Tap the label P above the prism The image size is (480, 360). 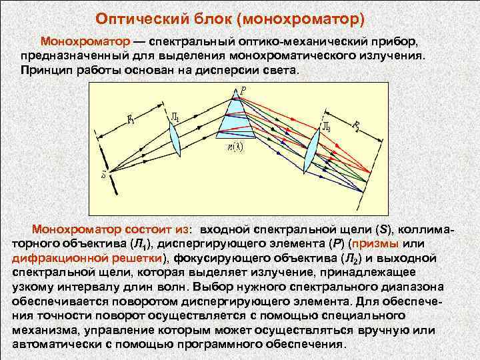coord(244,89)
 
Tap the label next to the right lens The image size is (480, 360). coord(326,125)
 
